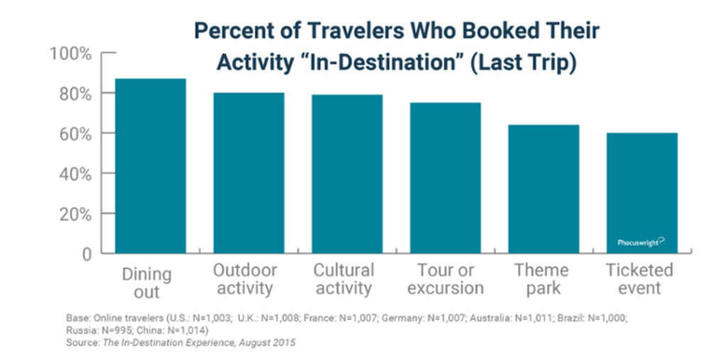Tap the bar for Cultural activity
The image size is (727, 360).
(x=346, y=173)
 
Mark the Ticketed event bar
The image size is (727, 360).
(x=642, y=192)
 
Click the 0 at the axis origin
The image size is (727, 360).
(x=86, y=254)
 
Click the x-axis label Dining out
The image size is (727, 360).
(x=146, y=282)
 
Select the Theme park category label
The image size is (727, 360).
(x=542, y=279)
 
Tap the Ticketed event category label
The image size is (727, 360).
(x=639, y=279)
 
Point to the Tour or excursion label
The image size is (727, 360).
(x=445, y=279)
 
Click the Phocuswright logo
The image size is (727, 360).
(x=640, y=242)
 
